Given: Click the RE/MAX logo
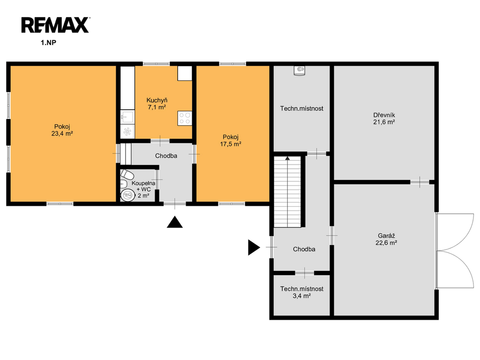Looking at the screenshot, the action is [x=55, y=25].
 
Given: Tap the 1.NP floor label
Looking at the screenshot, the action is [x=48, y=43].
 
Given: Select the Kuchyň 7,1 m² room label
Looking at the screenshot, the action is [x=157, y=104].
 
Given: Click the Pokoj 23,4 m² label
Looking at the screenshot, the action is [x=62, y=130].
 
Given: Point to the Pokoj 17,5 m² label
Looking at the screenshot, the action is [x=231, y=141].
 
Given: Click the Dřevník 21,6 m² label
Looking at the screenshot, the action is [x=384, y=119].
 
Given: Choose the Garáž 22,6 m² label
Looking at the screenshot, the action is [x=386, y=239].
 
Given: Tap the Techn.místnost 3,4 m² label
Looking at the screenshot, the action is [x=302, y=292].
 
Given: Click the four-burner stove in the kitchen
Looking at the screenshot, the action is [x=185, y=118].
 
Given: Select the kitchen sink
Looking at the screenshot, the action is [x=127, y=117].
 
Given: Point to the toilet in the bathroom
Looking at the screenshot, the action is [x=127, y=174].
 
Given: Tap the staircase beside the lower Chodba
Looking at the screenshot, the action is [x=287, y=192].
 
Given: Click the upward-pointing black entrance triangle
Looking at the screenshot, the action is [x=175, y=222].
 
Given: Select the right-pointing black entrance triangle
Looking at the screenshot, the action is [x=254, y=247].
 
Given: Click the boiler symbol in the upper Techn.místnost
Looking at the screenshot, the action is [x=300, y=70].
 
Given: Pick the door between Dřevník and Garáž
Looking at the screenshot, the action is [x=420, y=182].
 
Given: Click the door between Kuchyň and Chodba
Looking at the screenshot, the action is [x=160, y=141].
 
